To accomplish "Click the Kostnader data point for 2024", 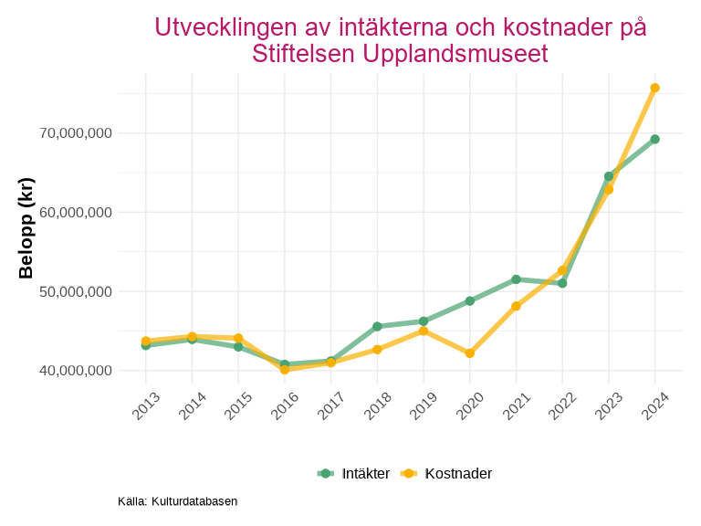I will tap(654, 88).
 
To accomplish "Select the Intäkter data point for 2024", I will tap(654, 139).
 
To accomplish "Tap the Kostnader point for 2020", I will tap(469, 353).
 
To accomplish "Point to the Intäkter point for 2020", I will tap(469, 300).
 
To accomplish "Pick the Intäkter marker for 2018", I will tap(377, 326).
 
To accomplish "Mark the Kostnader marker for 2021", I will tap(516, 306).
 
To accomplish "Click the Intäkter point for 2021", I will tap(516, 279).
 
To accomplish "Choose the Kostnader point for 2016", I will tap(285, 370).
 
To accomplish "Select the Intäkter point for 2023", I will tap(608, 176).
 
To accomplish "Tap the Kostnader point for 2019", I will tap(424, 331).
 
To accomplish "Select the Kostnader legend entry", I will tap(447, 473).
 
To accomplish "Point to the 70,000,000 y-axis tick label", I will tap(77, 133).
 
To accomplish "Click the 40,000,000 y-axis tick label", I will tap(77, 371).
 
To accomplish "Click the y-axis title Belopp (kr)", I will tap(26, 227).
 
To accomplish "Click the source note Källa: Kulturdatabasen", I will tap(177, 501).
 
